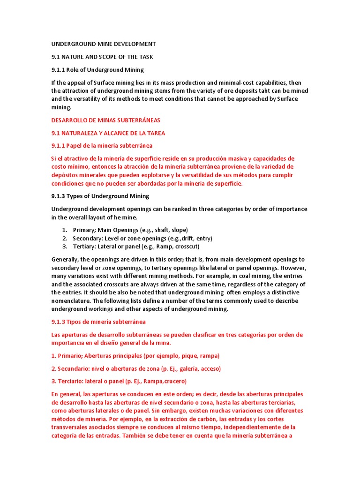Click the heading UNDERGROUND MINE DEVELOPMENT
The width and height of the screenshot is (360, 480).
[104, 44]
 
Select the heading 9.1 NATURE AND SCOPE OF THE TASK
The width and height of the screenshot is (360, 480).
[102, 57]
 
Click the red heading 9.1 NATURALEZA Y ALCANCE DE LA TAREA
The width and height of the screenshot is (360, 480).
[108, 133]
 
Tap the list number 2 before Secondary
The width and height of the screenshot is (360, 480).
[64, 238]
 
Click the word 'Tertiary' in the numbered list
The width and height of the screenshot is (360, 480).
[84, 246]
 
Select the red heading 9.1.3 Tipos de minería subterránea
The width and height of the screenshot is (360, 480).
[98, 322]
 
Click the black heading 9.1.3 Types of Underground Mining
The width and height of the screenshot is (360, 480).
[100, 196]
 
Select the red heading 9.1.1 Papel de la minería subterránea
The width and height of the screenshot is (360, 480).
[102, 146]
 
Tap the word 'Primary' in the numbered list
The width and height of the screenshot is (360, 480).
[84, 230]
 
